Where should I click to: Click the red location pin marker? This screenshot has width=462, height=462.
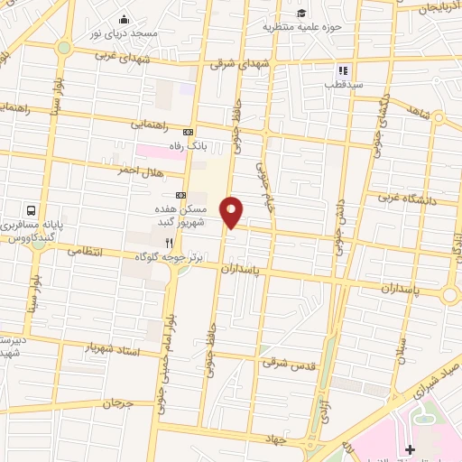coord(232,211)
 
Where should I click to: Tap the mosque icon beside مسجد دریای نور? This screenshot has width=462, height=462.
coord(125,20)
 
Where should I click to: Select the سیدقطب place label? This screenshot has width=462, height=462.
coord(343,84)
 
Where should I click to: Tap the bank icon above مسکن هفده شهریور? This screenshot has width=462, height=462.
coord(180,194)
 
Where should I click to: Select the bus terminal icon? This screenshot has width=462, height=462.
coord(32,208)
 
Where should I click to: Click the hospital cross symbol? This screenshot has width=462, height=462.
coord(411,448)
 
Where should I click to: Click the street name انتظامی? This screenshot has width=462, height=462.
coord(87,252)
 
